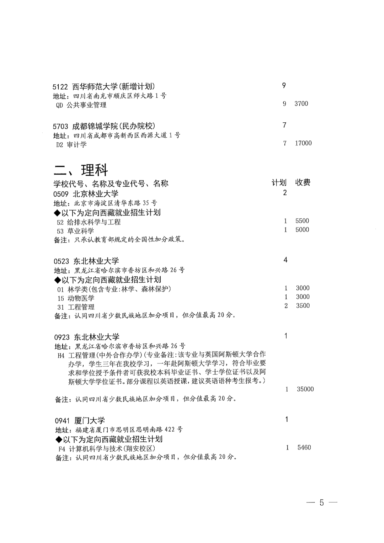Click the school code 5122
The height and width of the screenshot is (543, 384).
[60, 86]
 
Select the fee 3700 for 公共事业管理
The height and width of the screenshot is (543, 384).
[301, 103]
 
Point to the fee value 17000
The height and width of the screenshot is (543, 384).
[303, 143]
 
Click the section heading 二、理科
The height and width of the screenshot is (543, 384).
[81, 170]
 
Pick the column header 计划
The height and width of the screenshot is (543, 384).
[279, 182]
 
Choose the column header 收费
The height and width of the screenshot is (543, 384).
[303, 182]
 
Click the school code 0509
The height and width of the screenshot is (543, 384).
[61, 194]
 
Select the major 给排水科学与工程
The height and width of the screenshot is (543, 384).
[94, 222]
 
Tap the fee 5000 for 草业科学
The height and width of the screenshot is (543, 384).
[302, 230]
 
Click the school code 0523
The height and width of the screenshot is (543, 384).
[62, 261]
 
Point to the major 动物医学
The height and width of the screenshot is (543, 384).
[81, 298]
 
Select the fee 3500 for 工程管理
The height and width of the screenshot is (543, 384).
[303, 305]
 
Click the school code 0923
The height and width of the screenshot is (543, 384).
[62, 337]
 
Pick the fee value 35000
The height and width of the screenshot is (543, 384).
[305, 389]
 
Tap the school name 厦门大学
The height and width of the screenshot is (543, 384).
[90, 421]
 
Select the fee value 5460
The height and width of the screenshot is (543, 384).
[304, 447]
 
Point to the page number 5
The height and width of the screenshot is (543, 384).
[322, 502]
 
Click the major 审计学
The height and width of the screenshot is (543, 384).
[77, 145]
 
